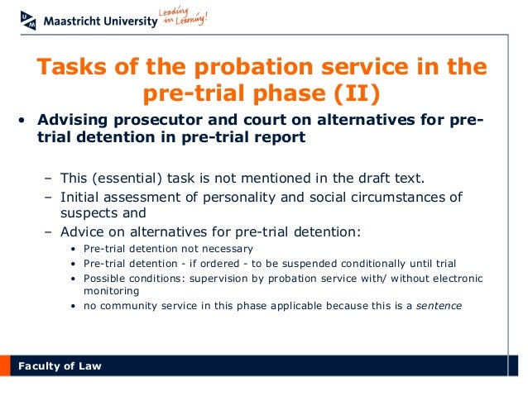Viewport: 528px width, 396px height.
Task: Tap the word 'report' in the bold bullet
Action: [278, 139]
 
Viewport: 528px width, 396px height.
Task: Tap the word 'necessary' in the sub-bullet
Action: [226, 248]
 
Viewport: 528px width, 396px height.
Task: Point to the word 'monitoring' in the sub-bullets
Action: [111, 291]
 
